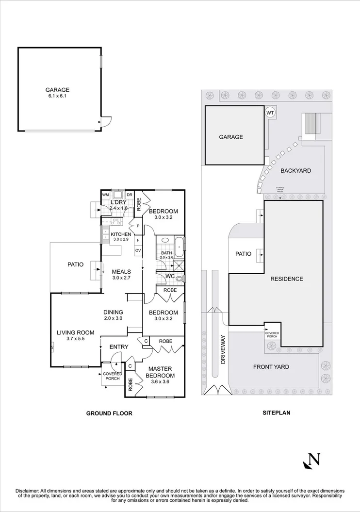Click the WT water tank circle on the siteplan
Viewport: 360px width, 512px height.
270,113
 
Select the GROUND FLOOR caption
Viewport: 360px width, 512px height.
109,413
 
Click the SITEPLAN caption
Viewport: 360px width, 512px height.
276,413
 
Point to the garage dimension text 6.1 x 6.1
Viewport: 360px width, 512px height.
57,96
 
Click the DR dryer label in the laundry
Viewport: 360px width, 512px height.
130,195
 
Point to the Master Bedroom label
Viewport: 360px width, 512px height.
161,372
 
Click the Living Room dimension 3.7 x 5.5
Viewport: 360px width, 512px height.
75,339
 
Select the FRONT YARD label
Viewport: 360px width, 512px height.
271,367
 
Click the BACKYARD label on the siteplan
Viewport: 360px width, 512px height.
295,171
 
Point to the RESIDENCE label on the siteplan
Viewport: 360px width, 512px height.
287,279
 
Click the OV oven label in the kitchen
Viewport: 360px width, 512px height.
138,250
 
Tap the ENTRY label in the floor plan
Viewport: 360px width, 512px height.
119,347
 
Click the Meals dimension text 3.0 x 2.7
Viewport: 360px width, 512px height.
122,279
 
